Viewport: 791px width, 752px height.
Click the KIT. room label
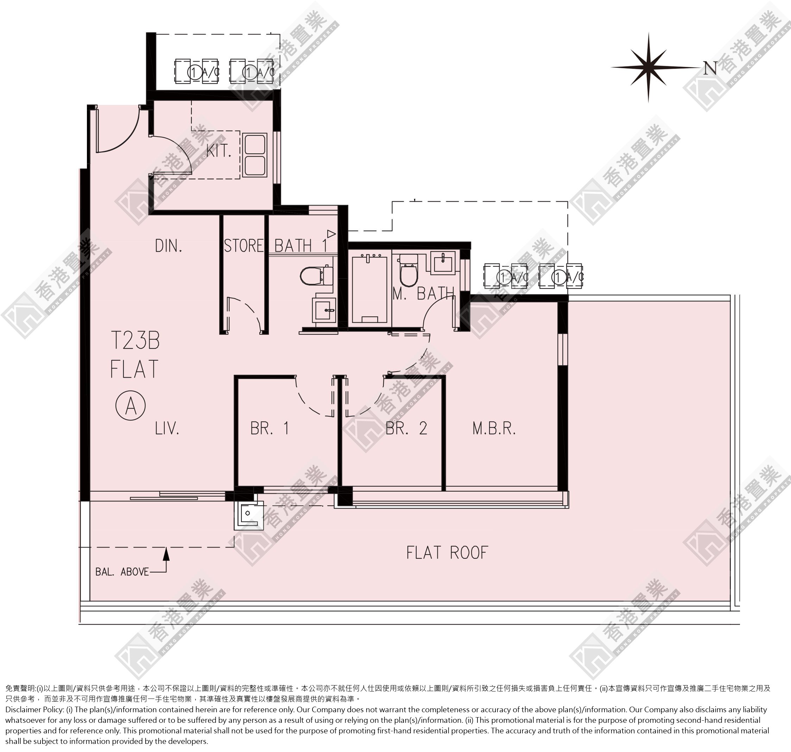(219, 151)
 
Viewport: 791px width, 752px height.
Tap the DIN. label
(169, 246)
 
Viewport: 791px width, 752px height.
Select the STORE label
(244, 246)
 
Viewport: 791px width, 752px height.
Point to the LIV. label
(167, 429)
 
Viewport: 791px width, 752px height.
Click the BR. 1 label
(270, 429)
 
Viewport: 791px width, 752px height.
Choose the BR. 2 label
(406, 429)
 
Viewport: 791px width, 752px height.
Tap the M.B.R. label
(494, 429)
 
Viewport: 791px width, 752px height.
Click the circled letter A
(131, 406)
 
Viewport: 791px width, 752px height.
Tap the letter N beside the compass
(710, 69)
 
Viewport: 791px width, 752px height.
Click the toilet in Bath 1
(317, 276)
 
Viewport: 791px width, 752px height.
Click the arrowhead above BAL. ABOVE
(166, 554)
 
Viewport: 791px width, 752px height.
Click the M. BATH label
(423, 294)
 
